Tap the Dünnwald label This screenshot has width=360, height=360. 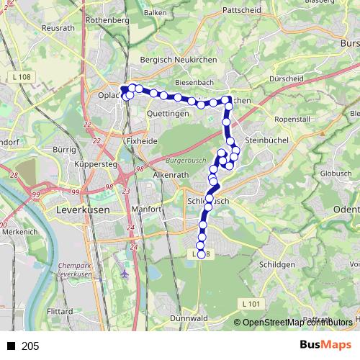(190, 318)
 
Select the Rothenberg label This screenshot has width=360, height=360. (107, 20)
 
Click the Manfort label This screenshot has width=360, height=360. (147, 210)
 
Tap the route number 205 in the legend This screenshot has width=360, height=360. (30, 346)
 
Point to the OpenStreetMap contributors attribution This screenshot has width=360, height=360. (297, 322)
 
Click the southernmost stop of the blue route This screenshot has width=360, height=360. (201, 253)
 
